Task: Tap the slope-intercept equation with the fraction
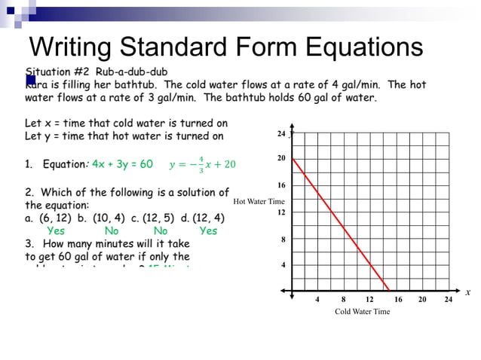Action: tap(202, 164)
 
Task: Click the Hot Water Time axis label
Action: tap(259, 201)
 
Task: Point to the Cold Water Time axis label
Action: tap(362, 312)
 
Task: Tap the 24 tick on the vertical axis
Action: tap(280, 133)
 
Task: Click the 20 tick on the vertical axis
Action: tap(280, 159)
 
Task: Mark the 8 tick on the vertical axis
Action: tap(282, 239)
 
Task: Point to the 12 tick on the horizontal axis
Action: tap(369, 300)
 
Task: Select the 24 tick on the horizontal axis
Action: tap(448, 300)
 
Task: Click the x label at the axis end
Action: tap(467, 292)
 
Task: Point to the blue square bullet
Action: tap(31, 79)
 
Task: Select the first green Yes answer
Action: tap(56, 231)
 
